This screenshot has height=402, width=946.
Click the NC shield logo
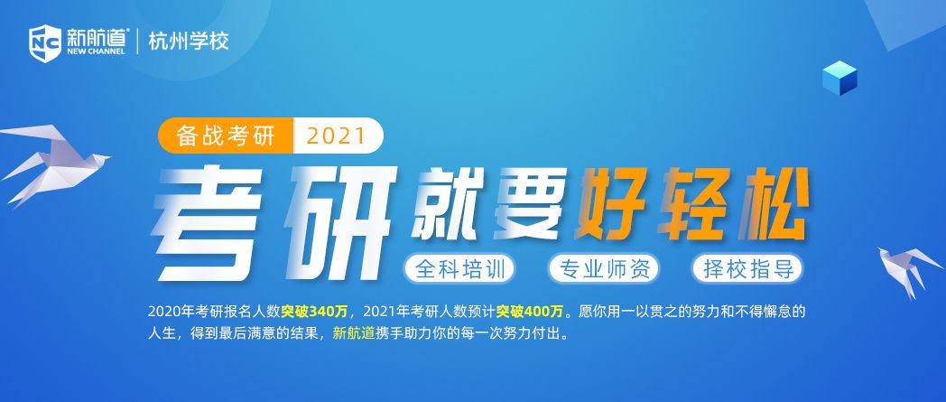(45, 43)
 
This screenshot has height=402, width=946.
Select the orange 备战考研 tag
(226, 136)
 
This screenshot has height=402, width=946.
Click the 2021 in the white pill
(336, 136)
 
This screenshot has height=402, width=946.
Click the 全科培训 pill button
(459, 269)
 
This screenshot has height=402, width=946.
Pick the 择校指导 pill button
(748, 269)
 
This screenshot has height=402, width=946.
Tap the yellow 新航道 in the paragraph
(354, 333)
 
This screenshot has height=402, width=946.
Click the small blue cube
(839, 78)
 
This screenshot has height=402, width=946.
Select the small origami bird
(908, 270)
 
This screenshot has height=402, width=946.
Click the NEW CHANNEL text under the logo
(96, 51)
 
